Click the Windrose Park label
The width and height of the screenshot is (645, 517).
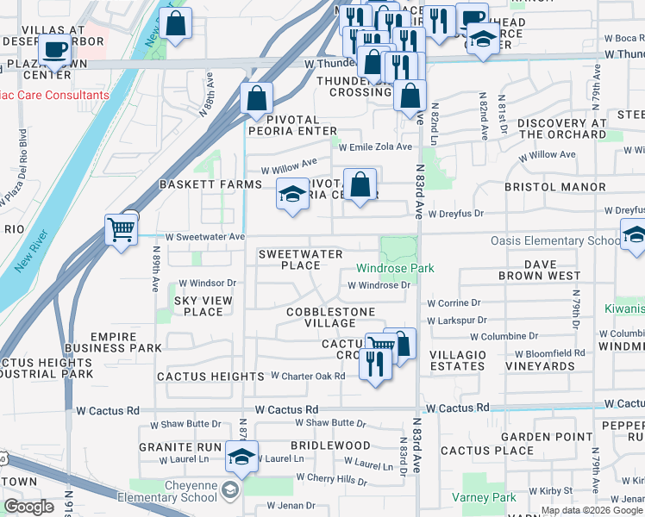pyautogui.click(x=395, y=269)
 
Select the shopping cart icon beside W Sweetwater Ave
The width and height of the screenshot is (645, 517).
pyautogui.click(x=122, y=230)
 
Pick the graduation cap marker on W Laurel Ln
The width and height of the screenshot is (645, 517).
pyautogui.click(x=241, y=457)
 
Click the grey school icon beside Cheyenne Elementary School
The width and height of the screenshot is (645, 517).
pyautogui.click(x=229, y=491)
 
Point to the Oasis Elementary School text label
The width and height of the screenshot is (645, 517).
pyautogui.click(x=555, y=241)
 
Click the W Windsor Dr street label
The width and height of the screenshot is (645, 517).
pyautogui.click(x=207, y=283)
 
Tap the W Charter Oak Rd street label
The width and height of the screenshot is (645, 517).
pyautogui.click(x=308, y=376)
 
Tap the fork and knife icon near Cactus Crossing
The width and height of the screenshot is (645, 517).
pyautogui.click(x=375, y=364)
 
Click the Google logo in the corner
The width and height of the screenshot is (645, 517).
pyautogui.click(x=28, y=507)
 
